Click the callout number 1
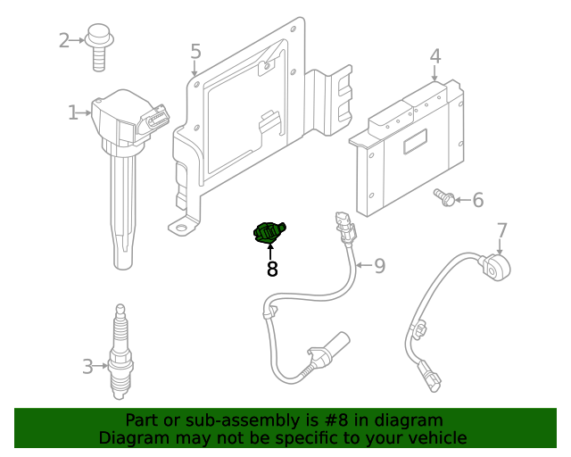coord(72,112)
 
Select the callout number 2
coord(64,40)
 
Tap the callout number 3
coord(87,365)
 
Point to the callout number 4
coord(434,56)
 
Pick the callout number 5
coord(195,53)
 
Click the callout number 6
coord(477,200)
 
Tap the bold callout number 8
coord(272,269)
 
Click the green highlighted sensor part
coord(269,233)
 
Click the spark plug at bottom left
coord(120,357)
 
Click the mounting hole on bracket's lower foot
coord(183,228)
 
